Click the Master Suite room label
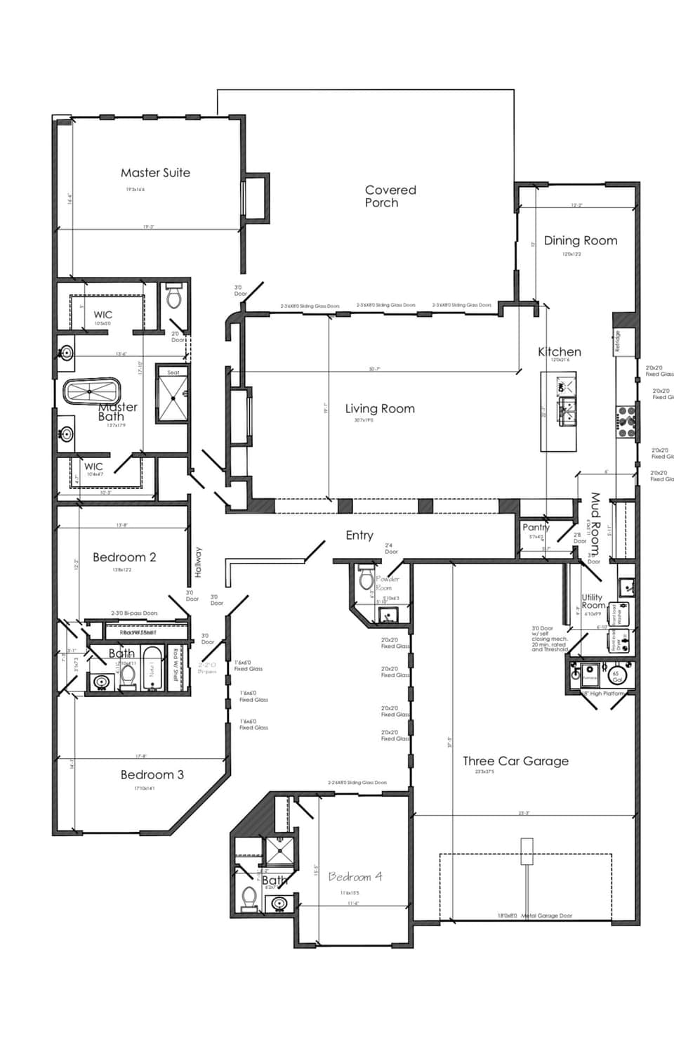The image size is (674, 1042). (155, 173)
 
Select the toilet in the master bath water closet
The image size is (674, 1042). (173, 298)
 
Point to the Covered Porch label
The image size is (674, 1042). (390, 196)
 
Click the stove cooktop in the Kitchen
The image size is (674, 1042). (626, 419)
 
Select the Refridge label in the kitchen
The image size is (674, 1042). (618, 341)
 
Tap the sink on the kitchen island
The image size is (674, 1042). (567, 410)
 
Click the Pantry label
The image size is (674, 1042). (536, 528)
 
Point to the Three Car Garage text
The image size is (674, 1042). (515, 761)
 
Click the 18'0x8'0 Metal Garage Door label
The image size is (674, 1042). (535, 916)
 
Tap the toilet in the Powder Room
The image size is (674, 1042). (365, 578)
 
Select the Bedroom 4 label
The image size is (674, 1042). (355, 877)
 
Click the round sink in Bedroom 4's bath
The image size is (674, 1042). (279, 904)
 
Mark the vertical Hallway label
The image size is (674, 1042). (198, 562)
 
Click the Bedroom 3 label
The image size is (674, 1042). (152, 775)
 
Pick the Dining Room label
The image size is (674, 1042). (581, 240)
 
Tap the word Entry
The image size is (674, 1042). (359, 535)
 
